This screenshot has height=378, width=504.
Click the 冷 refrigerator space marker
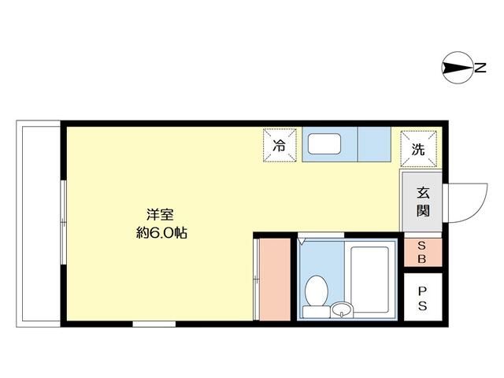point(280,146)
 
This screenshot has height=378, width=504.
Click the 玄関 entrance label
point(423,202)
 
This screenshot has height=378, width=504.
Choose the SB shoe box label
point(422,252)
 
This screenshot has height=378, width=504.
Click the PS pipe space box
point(422,296)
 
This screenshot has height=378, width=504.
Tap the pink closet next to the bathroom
point(274,278)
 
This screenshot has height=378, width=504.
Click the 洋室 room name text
point(160,213)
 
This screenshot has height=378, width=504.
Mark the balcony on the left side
point(37,221)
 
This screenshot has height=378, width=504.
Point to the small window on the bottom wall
point(153,323)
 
